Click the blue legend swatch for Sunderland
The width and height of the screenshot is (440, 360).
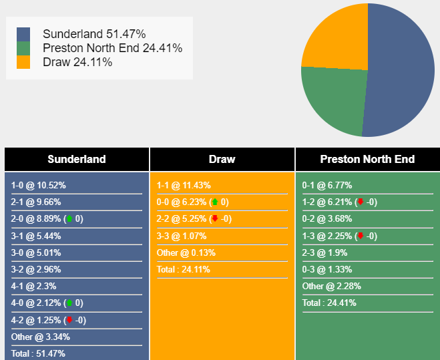(23, 34)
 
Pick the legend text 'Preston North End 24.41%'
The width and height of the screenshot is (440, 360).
(112, 48)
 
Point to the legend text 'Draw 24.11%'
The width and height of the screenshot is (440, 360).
(77, 62)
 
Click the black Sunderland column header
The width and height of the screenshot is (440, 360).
(77, 159)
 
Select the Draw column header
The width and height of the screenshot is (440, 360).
(222, 159)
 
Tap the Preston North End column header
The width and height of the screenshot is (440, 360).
(367, 159)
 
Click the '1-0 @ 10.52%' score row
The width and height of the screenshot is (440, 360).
(39, 185)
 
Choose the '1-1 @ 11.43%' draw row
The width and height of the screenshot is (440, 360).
(184, 185)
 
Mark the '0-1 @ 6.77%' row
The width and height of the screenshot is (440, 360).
(327, 185)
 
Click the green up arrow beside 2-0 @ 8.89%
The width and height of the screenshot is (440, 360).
(69, 218)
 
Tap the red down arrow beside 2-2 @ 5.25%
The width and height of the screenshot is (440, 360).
(214, 218)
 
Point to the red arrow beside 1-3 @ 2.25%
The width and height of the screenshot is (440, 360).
(360, 235)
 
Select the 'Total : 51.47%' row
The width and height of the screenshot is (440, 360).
(38, 353)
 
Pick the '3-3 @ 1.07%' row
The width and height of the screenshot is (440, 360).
(182, 236)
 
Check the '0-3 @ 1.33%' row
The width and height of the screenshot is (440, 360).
(327, 269)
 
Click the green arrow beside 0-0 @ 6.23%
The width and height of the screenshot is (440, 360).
(214, 202)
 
